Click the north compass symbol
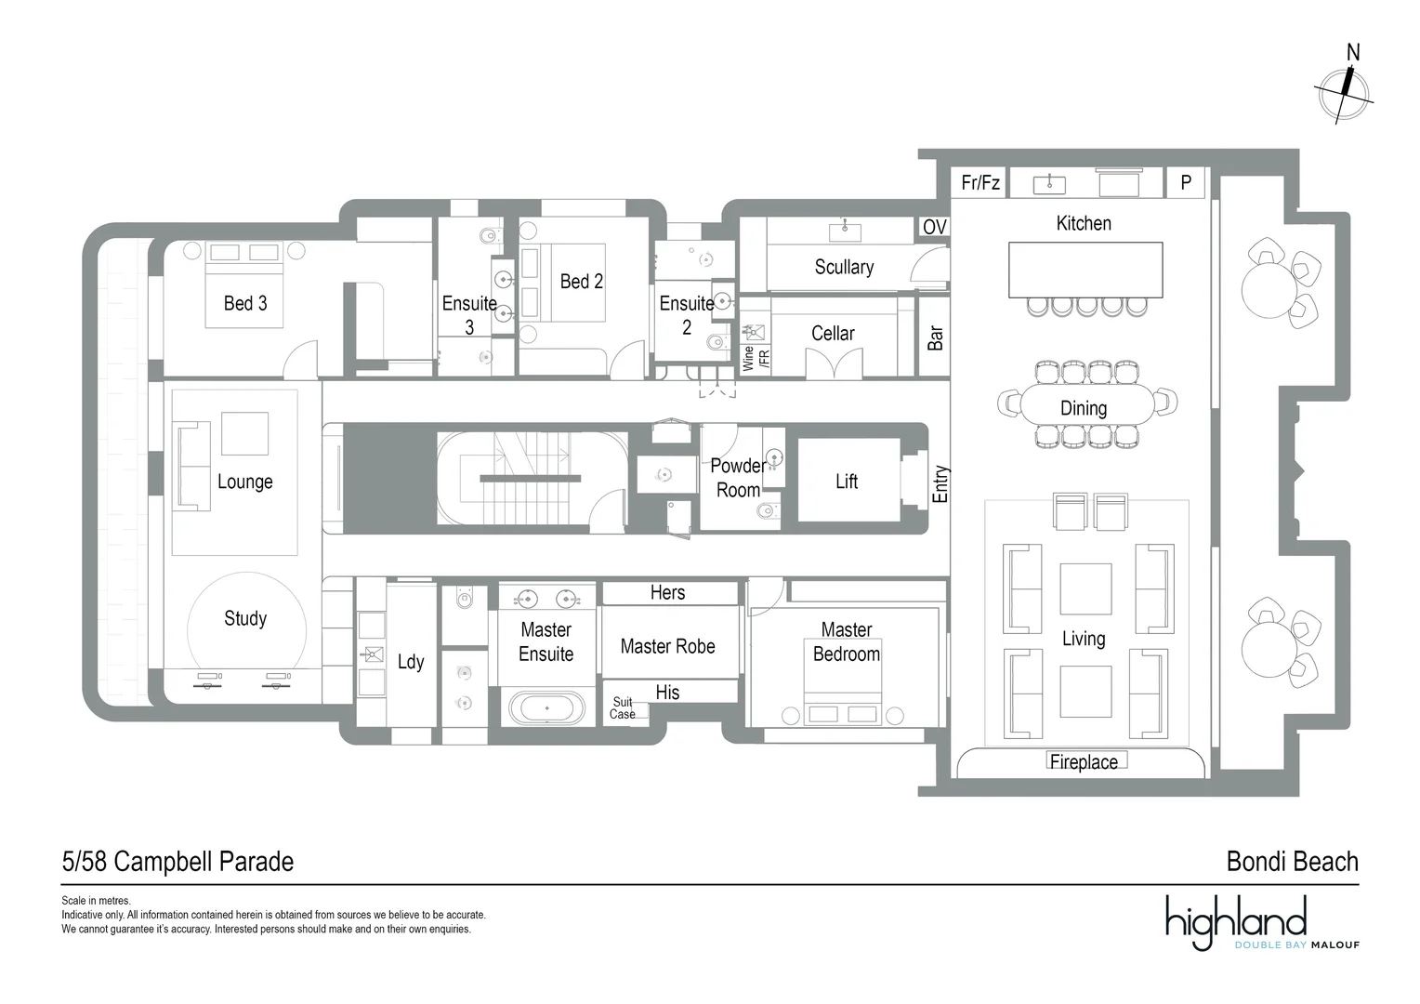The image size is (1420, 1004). pyautogui.click(x=1344, y=91)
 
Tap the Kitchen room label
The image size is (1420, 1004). pyautogui.click(x=1084, y=223)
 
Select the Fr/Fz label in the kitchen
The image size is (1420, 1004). pyautogui.click(x=980, y=183)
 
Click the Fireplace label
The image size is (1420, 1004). pyautogui.click(x=1084, y=762)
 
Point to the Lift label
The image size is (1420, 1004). pyautogui.click(x=847, y=482)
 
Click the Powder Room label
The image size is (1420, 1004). pyautogui.click(x=738, y=478)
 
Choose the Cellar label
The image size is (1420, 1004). pyautogui.click(x=833, y=334)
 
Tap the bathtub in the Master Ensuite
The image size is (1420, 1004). pyautogui.click(x=547, y=708)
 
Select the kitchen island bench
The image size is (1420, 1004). pyautogui.click(x=1085, y=270)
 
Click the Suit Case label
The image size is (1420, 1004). pyautogui.click(x=623, y=708)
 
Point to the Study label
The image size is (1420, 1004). pyautogui.click(x=245, y=619)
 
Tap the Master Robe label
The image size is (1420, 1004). pyautogui.click(x=667, y=647)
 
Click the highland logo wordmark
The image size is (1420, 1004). pyautogui.click(x=1236, y=921)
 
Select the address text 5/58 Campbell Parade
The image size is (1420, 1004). pyautogui.click(x=177, y=863)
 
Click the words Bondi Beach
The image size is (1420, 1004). pyautogui.click(x=1292, y=863)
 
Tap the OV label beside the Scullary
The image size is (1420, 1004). pyautogui.click(x=934, y=228)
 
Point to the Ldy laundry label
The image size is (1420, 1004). pyautogui.click(x=411, y=662)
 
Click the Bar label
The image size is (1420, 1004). pyautogui.click(x=935, y=337)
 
